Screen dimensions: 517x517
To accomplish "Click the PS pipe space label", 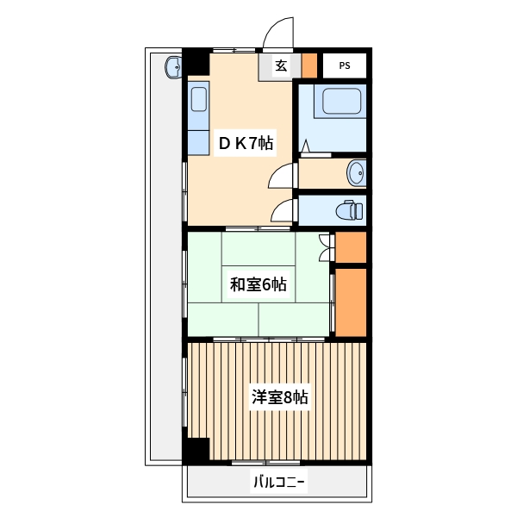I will tap(345, 65).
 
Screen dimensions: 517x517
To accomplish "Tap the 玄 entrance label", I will tap(282, 65).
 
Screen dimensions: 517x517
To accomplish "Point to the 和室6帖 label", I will tap(258, 284).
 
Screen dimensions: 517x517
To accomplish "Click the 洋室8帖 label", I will tap(279, 397).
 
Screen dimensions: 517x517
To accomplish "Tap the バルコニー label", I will tap(278, 482).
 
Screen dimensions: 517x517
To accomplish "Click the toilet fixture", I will tap(348, 210).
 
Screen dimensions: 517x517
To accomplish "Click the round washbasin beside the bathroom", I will tap(356, 173).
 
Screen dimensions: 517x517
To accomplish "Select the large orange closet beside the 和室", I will tap(351, 302).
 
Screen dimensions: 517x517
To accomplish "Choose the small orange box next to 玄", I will tap(308, 65).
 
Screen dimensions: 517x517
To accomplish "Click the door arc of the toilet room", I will tap(282, 210).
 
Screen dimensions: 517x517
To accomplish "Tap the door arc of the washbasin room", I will tap(282, 176).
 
